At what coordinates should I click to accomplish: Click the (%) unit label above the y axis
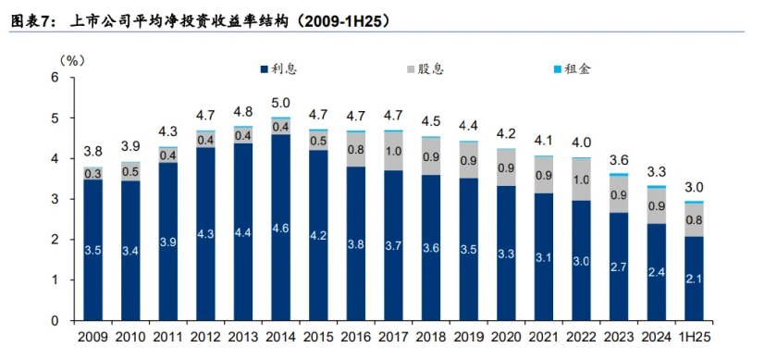point(72,59)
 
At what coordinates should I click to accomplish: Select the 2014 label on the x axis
point(281,340)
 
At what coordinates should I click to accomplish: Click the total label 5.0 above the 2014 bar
point(281,103)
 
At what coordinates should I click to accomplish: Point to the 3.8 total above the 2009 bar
point(93,152)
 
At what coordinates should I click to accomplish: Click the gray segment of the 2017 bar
point(393,151)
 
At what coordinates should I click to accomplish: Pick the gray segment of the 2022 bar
point(581,180)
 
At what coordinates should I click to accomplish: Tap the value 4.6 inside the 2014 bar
point(281,227)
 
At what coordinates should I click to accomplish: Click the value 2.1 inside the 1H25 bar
point(693,278)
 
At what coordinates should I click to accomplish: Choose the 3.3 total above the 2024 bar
point(656,171)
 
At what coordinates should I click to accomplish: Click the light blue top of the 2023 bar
point(619,174)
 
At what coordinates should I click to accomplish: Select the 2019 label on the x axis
point(469,340)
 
